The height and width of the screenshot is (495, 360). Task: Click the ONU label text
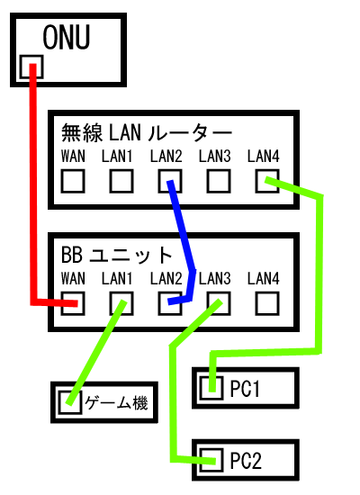(x=67, y=37)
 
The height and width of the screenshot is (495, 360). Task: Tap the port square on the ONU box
(x=31, y=67)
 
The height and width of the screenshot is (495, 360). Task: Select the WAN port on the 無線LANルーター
(x=73, y=181)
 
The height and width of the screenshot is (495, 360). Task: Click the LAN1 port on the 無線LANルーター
(x=121, y=181)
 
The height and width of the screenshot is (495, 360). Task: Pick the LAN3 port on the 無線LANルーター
(x=219, y=181)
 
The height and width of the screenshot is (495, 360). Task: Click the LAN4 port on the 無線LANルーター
(x=267, y=181)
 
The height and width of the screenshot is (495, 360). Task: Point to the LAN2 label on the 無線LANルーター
(x=166, y=156)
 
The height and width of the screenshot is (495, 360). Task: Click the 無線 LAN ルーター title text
(x=147, y=132)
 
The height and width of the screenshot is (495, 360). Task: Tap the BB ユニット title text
(x=116, y=255)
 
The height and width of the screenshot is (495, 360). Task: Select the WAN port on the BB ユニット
(x=73, y=303)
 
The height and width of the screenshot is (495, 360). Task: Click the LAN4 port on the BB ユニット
(x=267, y=303)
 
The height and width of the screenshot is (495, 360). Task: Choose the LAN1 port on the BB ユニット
(x=121, y=303)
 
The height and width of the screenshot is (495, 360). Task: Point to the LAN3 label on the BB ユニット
(x=215, y=278)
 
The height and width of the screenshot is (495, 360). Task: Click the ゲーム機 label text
(x=116, y=402)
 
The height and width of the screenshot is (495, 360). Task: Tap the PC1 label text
(x=245, y=388)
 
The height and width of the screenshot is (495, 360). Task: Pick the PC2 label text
(x=246, y=461)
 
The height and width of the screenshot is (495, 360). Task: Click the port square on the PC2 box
(x=211, y=460)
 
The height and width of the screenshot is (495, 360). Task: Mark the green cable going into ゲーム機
(x=96, y=352)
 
